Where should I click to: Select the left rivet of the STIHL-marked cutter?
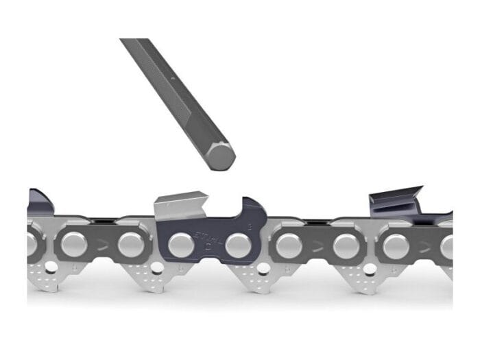(180, 244)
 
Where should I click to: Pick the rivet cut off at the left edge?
(31, 244)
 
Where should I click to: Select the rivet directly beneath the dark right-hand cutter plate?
(395, 245)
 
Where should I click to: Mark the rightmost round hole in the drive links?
(370, 267)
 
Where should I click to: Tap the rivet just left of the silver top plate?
(130, 244)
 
